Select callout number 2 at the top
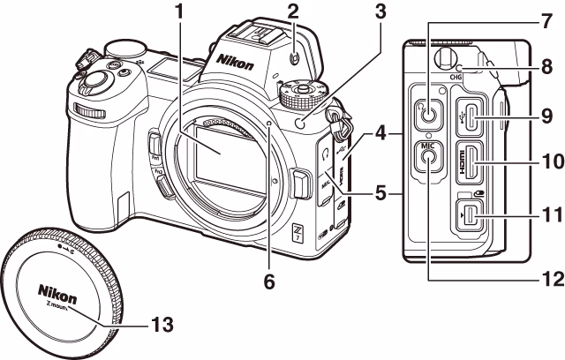point(293,11)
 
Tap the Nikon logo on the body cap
point(56,289)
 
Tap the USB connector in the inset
point(475,115)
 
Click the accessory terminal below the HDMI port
point(475,214)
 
